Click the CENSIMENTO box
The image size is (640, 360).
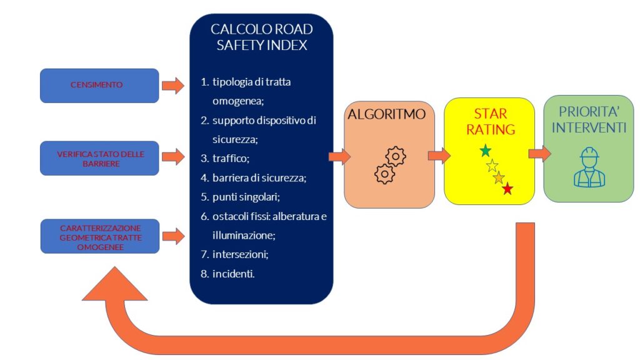[99, 86]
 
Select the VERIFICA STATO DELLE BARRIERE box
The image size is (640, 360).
[99, 158]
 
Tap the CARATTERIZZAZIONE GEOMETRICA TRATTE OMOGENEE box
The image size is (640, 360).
[99, 236]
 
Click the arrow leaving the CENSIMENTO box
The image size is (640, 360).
[173, 86]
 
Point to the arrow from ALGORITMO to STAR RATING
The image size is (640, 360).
[439, 155]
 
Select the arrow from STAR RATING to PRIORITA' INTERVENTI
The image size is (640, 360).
[539, 154]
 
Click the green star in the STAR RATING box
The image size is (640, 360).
[485, 151]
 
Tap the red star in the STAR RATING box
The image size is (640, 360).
[507, 189]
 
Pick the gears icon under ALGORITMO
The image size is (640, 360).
[389, 164]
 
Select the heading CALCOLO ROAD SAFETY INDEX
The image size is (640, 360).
[261, 37]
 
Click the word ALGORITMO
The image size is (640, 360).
[387, 114]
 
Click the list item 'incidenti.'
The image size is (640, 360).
[234, 273]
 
